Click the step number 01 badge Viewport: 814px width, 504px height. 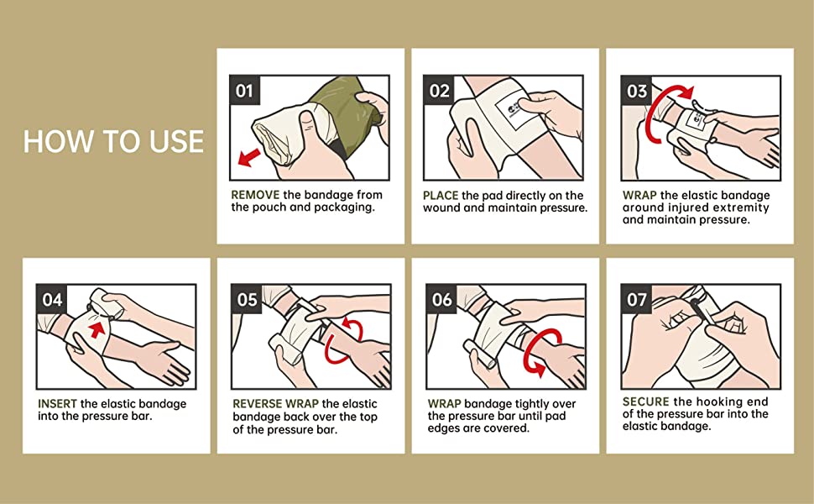(x=244, y=91)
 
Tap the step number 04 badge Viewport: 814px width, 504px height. (x=52, y=299)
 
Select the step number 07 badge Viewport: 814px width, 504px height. (x=636, y=299)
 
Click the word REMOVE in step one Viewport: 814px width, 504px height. (x=255, y=195)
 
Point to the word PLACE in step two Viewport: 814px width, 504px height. (x=441, y=196)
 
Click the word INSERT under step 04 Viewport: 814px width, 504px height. (x=57, y=404)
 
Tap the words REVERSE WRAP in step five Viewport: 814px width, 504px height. (x=275, y=404)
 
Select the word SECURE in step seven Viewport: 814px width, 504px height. (x=646, y=402)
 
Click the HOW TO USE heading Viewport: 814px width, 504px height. (x=113, y=141)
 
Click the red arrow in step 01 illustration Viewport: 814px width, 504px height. (x=249, y=156)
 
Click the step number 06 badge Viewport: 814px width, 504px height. (x=441, y=299)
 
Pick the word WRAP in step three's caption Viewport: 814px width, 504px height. (x=639, y=196)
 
